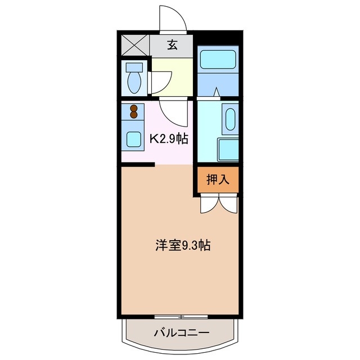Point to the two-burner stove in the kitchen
click(x=134, y=111)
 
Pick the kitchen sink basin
click(x=134, y=138)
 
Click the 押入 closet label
click(x=218, y=179)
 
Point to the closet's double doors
click(x=218, y=204)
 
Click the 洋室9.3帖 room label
click(x=183, y=245)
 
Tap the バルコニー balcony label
click(x=181, y=332)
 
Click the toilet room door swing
click(x=157, y=82)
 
